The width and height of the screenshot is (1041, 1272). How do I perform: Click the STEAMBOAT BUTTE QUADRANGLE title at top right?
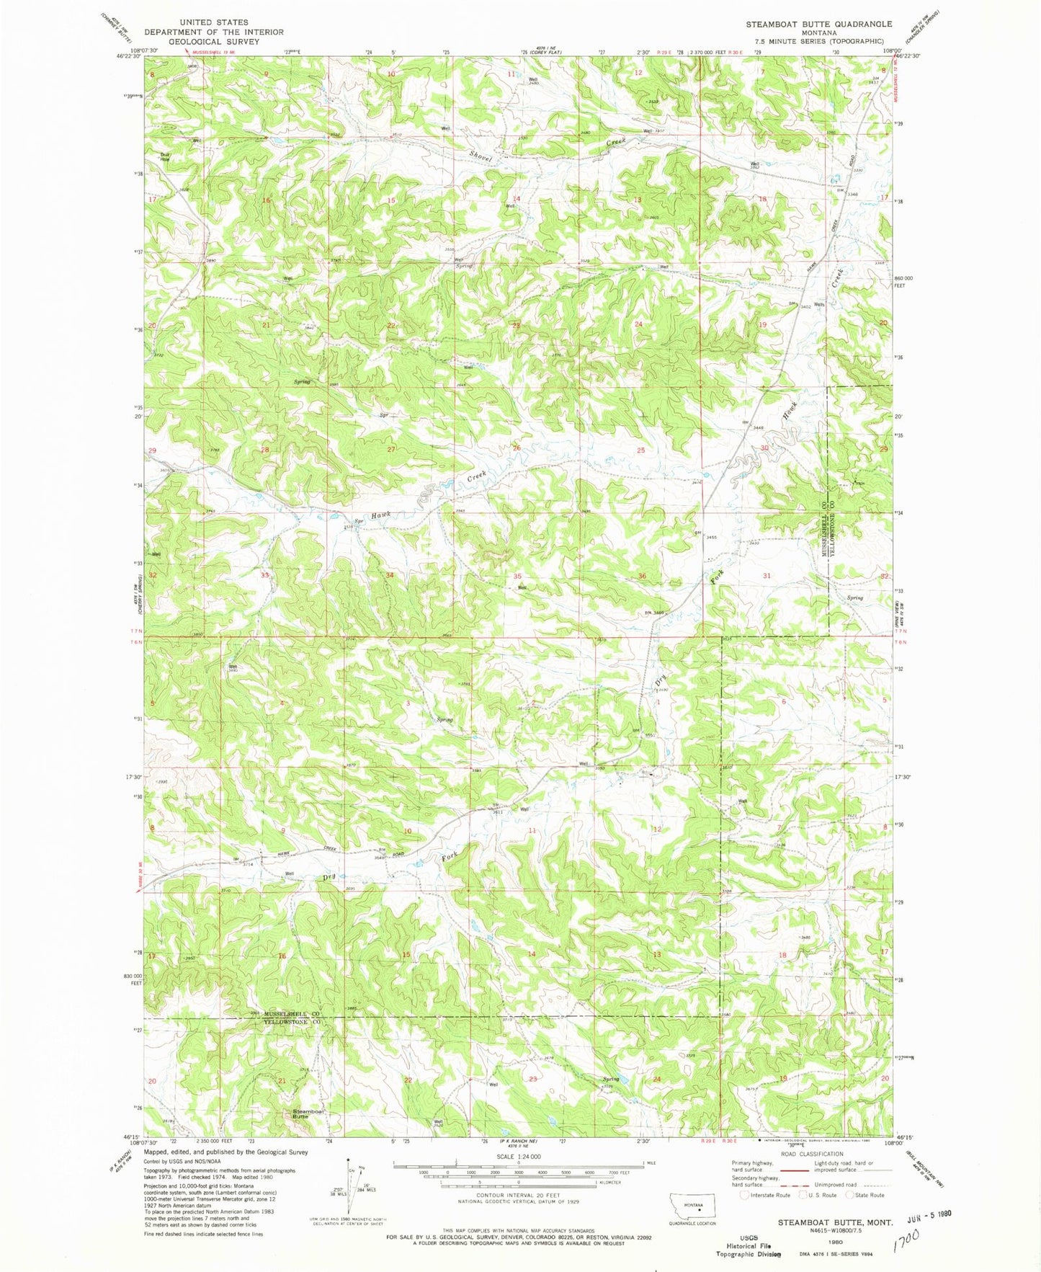coord(818,24)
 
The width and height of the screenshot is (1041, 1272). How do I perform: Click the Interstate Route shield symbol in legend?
coord(744,1195)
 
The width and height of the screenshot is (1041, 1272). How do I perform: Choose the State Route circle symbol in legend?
coord(849,1195)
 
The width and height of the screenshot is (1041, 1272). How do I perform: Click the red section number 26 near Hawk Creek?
coord(517,448)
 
